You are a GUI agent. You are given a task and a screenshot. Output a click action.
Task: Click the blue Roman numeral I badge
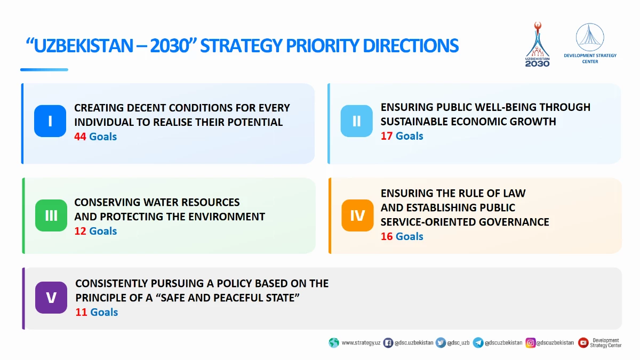coord(50,121)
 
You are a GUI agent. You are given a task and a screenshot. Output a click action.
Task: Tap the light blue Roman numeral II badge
coord(357,121)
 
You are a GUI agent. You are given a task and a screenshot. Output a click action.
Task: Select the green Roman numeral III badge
coord(51,215)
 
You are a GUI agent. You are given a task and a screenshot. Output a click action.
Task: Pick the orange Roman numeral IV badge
coord(357,215)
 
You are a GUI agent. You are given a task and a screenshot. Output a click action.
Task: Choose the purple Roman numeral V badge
coord(51,298)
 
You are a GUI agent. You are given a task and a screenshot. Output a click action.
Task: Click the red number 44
coord(80,137)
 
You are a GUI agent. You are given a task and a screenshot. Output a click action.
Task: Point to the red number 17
coord(386,136)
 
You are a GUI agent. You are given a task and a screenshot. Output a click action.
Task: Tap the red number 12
coord(80,231)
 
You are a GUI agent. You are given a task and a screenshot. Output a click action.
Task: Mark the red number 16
coord(387,236)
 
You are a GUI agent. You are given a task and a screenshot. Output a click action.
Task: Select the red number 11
coord(81,312)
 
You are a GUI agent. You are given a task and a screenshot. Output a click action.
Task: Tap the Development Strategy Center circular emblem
coord(590,37)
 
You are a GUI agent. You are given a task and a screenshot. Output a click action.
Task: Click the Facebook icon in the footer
coord(388,342)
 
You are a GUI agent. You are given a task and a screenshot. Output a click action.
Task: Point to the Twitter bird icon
coord(441,342)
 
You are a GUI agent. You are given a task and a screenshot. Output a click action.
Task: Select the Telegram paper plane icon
coord(478,342)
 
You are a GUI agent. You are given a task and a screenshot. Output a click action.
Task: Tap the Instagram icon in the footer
coord(530,342)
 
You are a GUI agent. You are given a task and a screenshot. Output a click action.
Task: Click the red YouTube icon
coord(583,342)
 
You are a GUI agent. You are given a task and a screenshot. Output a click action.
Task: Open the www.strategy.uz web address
coord(361,342)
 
